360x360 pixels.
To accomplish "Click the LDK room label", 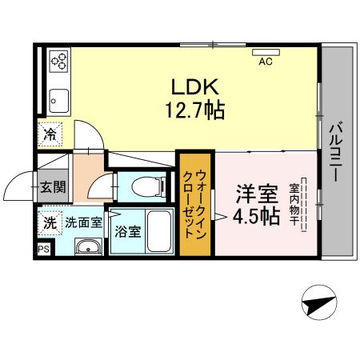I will point(192,86).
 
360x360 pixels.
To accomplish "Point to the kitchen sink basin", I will point(58,100).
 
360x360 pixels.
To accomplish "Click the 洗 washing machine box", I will point(50,222).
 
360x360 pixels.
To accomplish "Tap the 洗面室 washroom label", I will point(83,222).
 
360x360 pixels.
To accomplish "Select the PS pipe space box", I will point(42,250).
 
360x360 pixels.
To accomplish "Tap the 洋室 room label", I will point(256,194).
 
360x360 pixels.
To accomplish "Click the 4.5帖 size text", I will point(256,216).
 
